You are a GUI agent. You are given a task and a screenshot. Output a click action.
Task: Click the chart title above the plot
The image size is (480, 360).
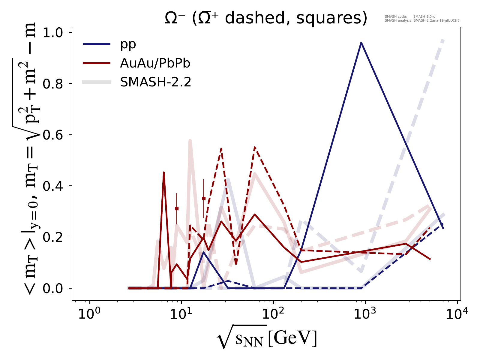266,19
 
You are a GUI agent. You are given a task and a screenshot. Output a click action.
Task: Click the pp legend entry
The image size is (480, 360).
128,44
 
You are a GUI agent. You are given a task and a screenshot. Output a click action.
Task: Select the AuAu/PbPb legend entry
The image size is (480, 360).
155,63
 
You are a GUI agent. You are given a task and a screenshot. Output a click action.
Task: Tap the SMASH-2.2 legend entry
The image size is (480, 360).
155,82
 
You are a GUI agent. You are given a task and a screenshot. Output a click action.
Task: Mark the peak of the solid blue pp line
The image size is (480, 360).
361,43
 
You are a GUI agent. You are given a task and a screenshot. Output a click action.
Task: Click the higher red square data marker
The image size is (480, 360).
204,198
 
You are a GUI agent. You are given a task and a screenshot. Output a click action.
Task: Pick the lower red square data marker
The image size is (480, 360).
177,208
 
